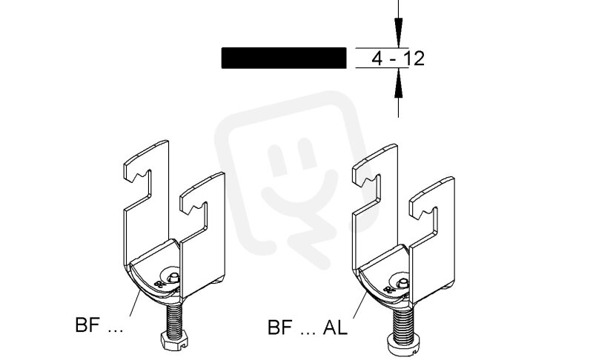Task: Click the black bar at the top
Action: coord(284,58)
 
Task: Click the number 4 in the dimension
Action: coord(377,59)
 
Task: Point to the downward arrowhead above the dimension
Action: coord(398,33)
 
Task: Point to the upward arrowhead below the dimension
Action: coord(398,83)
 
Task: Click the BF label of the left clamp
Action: coord(87,325)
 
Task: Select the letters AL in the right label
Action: coord(335,327)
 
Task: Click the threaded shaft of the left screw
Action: coord(173,318)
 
